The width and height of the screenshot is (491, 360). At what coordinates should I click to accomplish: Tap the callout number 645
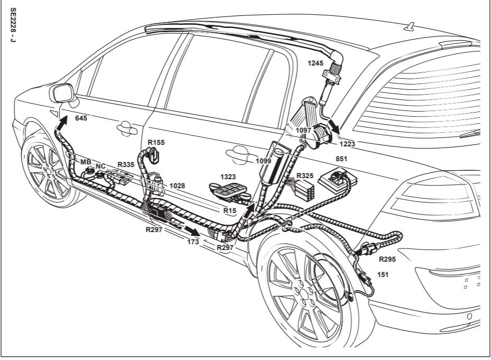[x=81, y=118]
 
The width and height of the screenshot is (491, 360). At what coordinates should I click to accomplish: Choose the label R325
[x=305, y=175]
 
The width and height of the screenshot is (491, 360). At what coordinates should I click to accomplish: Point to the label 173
[x=193, y=241]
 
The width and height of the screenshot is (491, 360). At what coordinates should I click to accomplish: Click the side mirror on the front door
[x=62, y=94]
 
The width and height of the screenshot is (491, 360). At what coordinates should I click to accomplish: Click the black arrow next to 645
[x=62, y=125]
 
